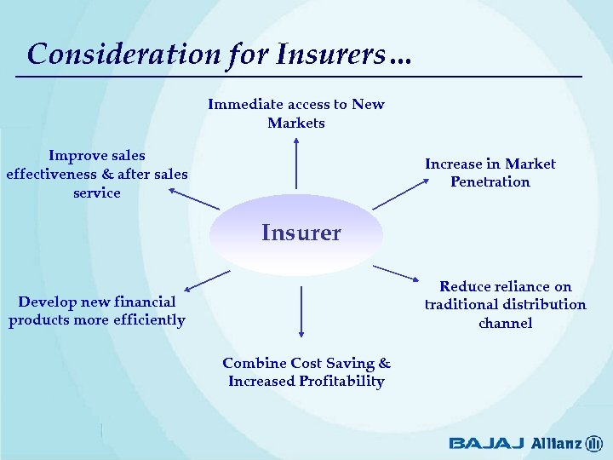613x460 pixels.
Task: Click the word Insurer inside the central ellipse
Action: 301,233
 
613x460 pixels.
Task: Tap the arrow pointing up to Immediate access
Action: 296,163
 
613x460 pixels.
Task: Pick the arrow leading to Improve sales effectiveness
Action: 194,199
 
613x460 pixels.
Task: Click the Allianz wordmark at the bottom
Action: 557,443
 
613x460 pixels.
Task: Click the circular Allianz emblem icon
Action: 594,443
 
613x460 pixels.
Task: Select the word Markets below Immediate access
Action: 296,123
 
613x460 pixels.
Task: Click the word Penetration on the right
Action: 490,181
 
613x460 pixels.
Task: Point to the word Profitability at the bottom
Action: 342,381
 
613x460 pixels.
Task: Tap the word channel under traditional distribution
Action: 505,323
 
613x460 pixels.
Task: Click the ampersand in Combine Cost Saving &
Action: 384,363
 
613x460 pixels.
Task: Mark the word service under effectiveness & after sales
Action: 97,193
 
